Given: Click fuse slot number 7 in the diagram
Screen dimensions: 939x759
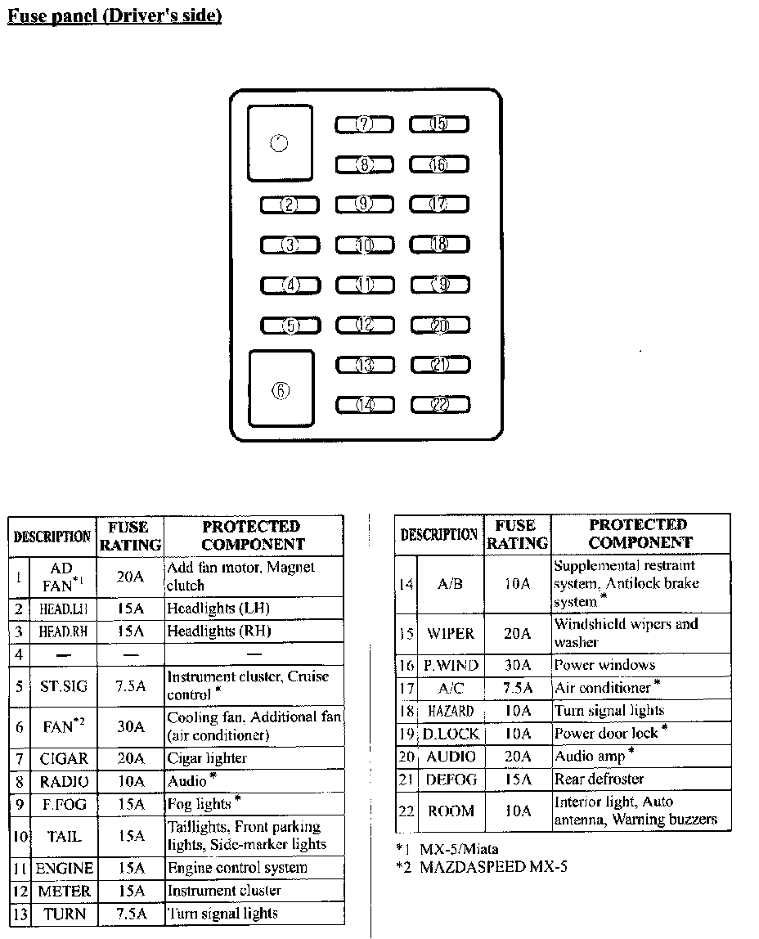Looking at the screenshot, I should pos(364,124).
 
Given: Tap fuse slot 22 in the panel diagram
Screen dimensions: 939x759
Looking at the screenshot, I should pos(440,404).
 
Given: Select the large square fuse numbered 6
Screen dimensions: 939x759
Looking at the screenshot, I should pos(281,390).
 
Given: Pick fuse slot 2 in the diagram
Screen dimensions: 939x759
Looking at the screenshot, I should pos(290,204).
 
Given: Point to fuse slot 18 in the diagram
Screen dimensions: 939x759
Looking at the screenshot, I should pos(439,244).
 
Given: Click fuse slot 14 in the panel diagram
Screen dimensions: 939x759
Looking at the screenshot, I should pos(365,404).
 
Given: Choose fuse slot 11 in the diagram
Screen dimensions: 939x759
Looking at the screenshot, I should pos(365,285).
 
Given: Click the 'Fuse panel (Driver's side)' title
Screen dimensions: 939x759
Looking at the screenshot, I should pos(115,16).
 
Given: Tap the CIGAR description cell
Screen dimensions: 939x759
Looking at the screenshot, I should pos(64,758).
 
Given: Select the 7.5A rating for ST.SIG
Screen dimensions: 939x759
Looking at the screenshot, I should pos(130,686).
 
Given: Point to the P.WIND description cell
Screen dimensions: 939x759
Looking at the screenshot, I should pos(451,666).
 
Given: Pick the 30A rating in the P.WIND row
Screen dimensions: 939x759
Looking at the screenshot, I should pos(517,666).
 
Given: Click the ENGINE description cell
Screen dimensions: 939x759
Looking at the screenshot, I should pos(64,868).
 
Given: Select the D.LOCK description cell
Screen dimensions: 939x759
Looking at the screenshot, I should pos(451,734).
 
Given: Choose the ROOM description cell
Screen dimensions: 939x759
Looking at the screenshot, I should pos(451,811).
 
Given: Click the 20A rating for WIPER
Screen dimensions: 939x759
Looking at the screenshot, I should pos(517,634).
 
